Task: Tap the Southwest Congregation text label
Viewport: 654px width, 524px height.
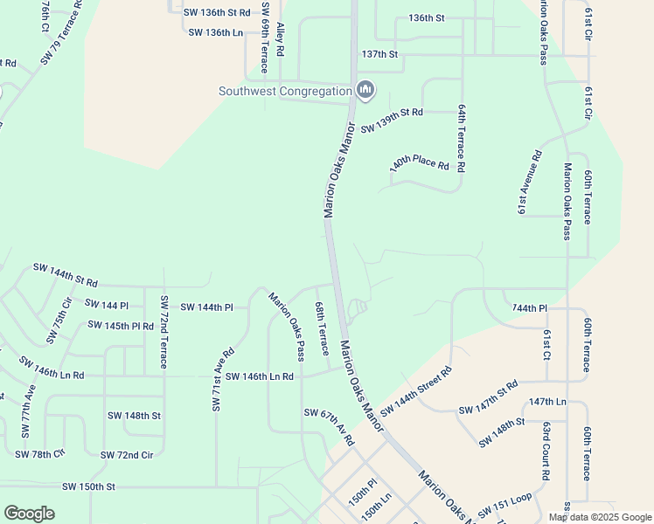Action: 284,91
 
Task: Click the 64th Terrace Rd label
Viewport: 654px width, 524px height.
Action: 462,139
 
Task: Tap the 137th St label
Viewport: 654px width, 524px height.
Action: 379,54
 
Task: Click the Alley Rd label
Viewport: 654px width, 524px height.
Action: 281,39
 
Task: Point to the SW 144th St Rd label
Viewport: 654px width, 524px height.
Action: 66,275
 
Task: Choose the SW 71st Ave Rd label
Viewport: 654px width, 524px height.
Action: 223,378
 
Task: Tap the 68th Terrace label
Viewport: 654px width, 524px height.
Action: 321,328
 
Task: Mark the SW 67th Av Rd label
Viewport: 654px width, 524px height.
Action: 329,427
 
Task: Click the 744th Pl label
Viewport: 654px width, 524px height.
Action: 530,308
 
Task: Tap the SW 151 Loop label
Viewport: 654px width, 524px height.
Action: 505,506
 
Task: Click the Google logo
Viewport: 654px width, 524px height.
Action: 29,513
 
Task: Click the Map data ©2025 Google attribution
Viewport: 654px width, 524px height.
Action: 599,517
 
